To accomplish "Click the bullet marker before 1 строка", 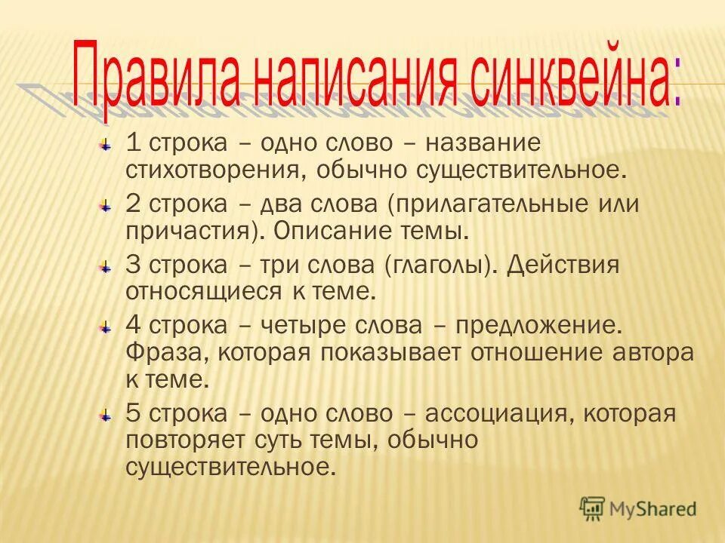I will pyautogui.click(x=108, y=144).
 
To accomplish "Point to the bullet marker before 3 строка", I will pyautogui.click(x=108, y=267).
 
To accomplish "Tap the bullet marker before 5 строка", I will pyautogui.click(x=108, y=415).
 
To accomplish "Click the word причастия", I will pyautogui.click(x=188, y=230).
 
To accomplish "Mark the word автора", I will pyautogui.click(x=656, y=352).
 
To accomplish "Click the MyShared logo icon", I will pyautogui.click(x=593, y=508).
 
